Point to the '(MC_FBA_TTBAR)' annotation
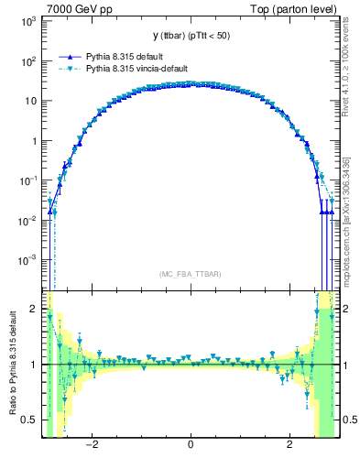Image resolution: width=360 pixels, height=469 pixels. pos(190,274)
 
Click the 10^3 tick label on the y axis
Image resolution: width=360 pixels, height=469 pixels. pos(28,20)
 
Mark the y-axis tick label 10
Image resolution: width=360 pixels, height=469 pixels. pos(30,101)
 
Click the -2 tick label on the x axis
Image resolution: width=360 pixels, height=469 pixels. pos(91,446)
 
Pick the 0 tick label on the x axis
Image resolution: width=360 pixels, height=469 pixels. pos(190,446)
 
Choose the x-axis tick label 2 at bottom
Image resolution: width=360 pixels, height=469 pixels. pos(289,446)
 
